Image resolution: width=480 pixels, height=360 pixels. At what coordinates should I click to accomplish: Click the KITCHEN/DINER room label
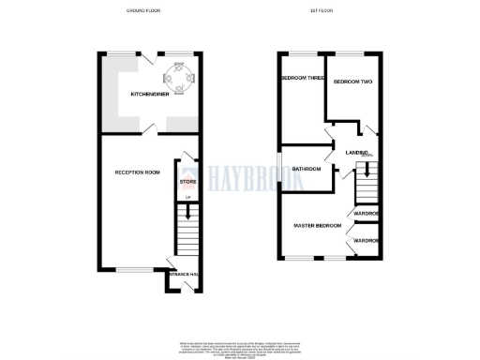[x=150, y=95]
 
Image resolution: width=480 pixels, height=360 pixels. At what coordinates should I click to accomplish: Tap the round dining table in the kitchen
[x=176, y=76]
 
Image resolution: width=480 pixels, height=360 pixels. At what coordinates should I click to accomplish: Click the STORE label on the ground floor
[x=187, y=181]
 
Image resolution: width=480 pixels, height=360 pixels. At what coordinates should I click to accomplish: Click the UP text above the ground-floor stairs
[x=187, y=195]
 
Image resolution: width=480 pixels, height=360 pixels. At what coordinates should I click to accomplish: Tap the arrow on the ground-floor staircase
[x=187, y=217]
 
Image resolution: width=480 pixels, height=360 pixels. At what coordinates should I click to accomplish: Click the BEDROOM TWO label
[x=353, y=82]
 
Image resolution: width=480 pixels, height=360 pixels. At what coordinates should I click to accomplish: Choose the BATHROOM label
[x=306, y=169]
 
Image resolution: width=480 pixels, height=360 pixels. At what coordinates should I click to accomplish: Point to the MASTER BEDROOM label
[x=316, y=226]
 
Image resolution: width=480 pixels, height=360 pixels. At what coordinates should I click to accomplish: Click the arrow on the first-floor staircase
[x=367, y=170]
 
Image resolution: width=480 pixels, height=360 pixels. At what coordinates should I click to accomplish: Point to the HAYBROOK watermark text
[x=246, y=175]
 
